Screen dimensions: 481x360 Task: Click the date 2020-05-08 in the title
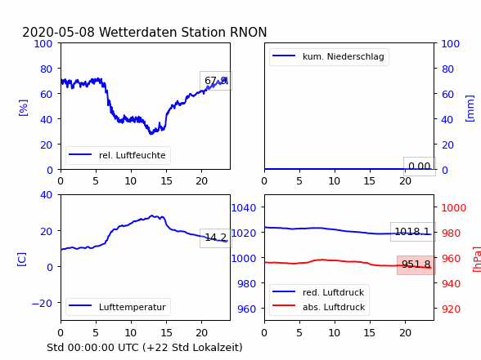pos(59,32)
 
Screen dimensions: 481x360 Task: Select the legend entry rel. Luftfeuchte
pos(118,155)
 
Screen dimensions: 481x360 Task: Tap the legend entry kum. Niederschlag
pos(329,56)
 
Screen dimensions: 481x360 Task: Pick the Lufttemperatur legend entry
pos(118,307)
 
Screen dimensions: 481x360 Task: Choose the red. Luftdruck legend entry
pos(319,292)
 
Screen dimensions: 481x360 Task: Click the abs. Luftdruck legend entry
pos(319,307)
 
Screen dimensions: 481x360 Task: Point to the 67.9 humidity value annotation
pos(216,81)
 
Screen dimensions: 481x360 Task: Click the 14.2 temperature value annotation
pos(216,238)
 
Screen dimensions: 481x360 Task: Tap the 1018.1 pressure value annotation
pos(412,232)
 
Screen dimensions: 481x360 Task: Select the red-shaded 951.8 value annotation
pos(416,264)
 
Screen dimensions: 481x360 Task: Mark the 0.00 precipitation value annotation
pos(420,167)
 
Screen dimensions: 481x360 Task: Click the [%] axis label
pos(23,108)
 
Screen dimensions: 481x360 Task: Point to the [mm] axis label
pos(470,109)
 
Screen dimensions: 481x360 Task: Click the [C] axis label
pos(22,259)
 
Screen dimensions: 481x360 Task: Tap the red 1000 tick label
pos(454,208)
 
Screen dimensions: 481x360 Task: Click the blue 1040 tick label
pos(244,208)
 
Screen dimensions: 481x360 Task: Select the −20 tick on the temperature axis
pos(42,304)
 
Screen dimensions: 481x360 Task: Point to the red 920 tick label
pos(452,309)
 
